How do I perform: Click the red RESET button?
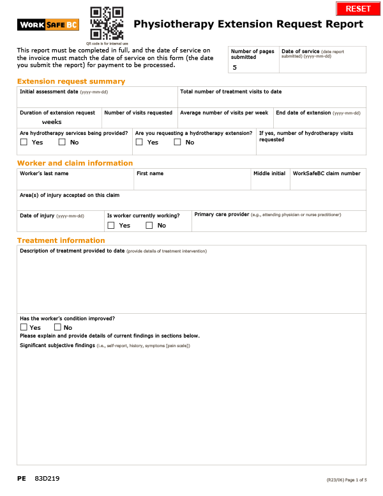point(357,8)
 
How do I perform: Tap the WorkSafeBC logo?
point(48,25)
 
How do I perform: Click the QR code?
point(107,23)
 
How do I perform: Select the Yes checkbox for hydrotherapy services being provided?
point(24,143)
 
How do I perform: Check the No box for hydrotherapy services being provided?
point(62,143)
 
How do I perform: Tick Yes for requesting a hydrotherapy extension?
point(139,143)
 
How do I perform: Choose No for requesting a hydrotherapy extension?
point(177,143)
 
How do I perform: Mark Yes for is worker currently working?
point(111,226)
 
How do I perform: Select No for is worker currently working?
point(149,226)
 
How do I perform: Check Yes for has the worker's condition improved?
point(24,328)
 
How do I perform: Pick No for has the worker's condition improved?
point(58,328)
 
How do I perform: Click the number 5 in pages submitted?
point(234,67)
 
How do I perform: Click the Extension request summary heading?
point(71,81)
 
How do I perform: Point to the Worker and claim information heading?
point(75,163)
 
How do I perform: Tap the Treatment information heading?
point(61,240)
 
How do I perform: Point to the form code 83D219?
point(48,479)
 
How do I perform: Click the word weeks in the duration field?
point(52,121)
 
